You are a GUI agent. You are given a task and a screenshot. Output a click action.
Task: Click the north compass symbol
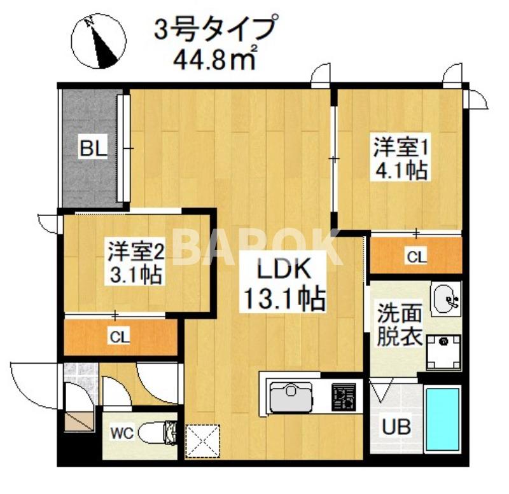click(97, 42)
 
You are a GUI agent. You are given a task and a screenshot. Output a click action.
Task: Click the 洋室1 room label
click(399, 149)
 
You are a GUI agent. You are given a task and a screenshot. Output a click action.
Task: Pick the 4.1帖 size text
click(400, 171)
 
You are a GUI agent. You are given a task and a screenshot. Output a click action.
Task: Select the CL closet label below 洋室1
click(417, 256)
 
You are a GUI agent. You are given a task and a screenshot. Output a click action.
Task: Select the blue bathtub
click(443, 420)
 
